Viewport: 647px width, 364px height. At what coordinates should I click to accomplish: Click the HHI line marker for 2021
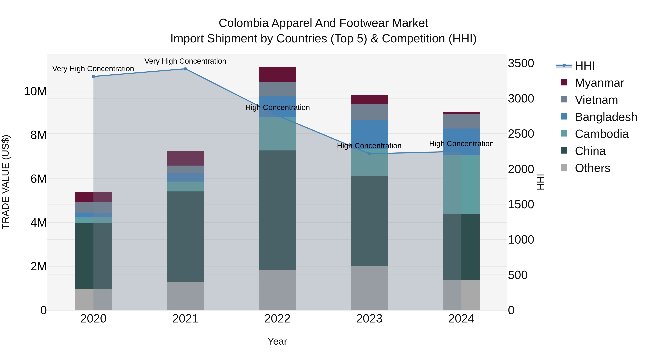pos(185,69)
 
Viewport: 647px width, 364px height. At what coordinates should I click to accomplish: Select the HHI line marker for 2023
pos(369,154)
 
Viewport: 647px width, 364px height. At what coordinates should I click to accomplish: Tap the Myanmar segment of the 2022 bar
pos(277,74)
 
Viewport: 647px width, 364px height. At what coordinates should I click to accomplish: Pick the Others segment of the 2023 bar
pos(369,288)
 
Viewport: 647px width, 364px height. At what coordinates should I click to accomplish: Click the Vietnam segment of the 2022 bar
pos(277,89)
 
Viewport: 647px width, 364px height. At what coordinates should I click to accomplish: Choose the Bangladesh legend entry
pos(606,117)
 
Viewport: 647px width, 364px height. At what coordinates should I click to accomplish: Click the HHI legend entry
pos(585,66)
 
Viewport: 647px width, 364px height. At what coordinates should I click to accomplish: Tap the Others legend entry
pos(592,168)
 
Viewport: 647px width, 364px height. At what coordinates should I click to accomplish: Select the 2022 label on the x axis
pos(277,319)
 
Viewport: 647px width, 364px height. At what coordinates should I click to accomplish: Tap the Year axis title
pos(277,341)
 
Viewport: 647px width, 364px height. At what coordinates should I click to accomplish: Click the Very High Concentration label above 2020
pos(93,69)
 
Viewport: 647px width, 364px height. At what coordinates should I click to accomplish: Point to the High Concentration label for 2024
pos(461,144)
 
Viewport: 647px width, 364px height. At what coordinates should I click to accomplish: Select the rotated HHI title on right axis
pos(540,182)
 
